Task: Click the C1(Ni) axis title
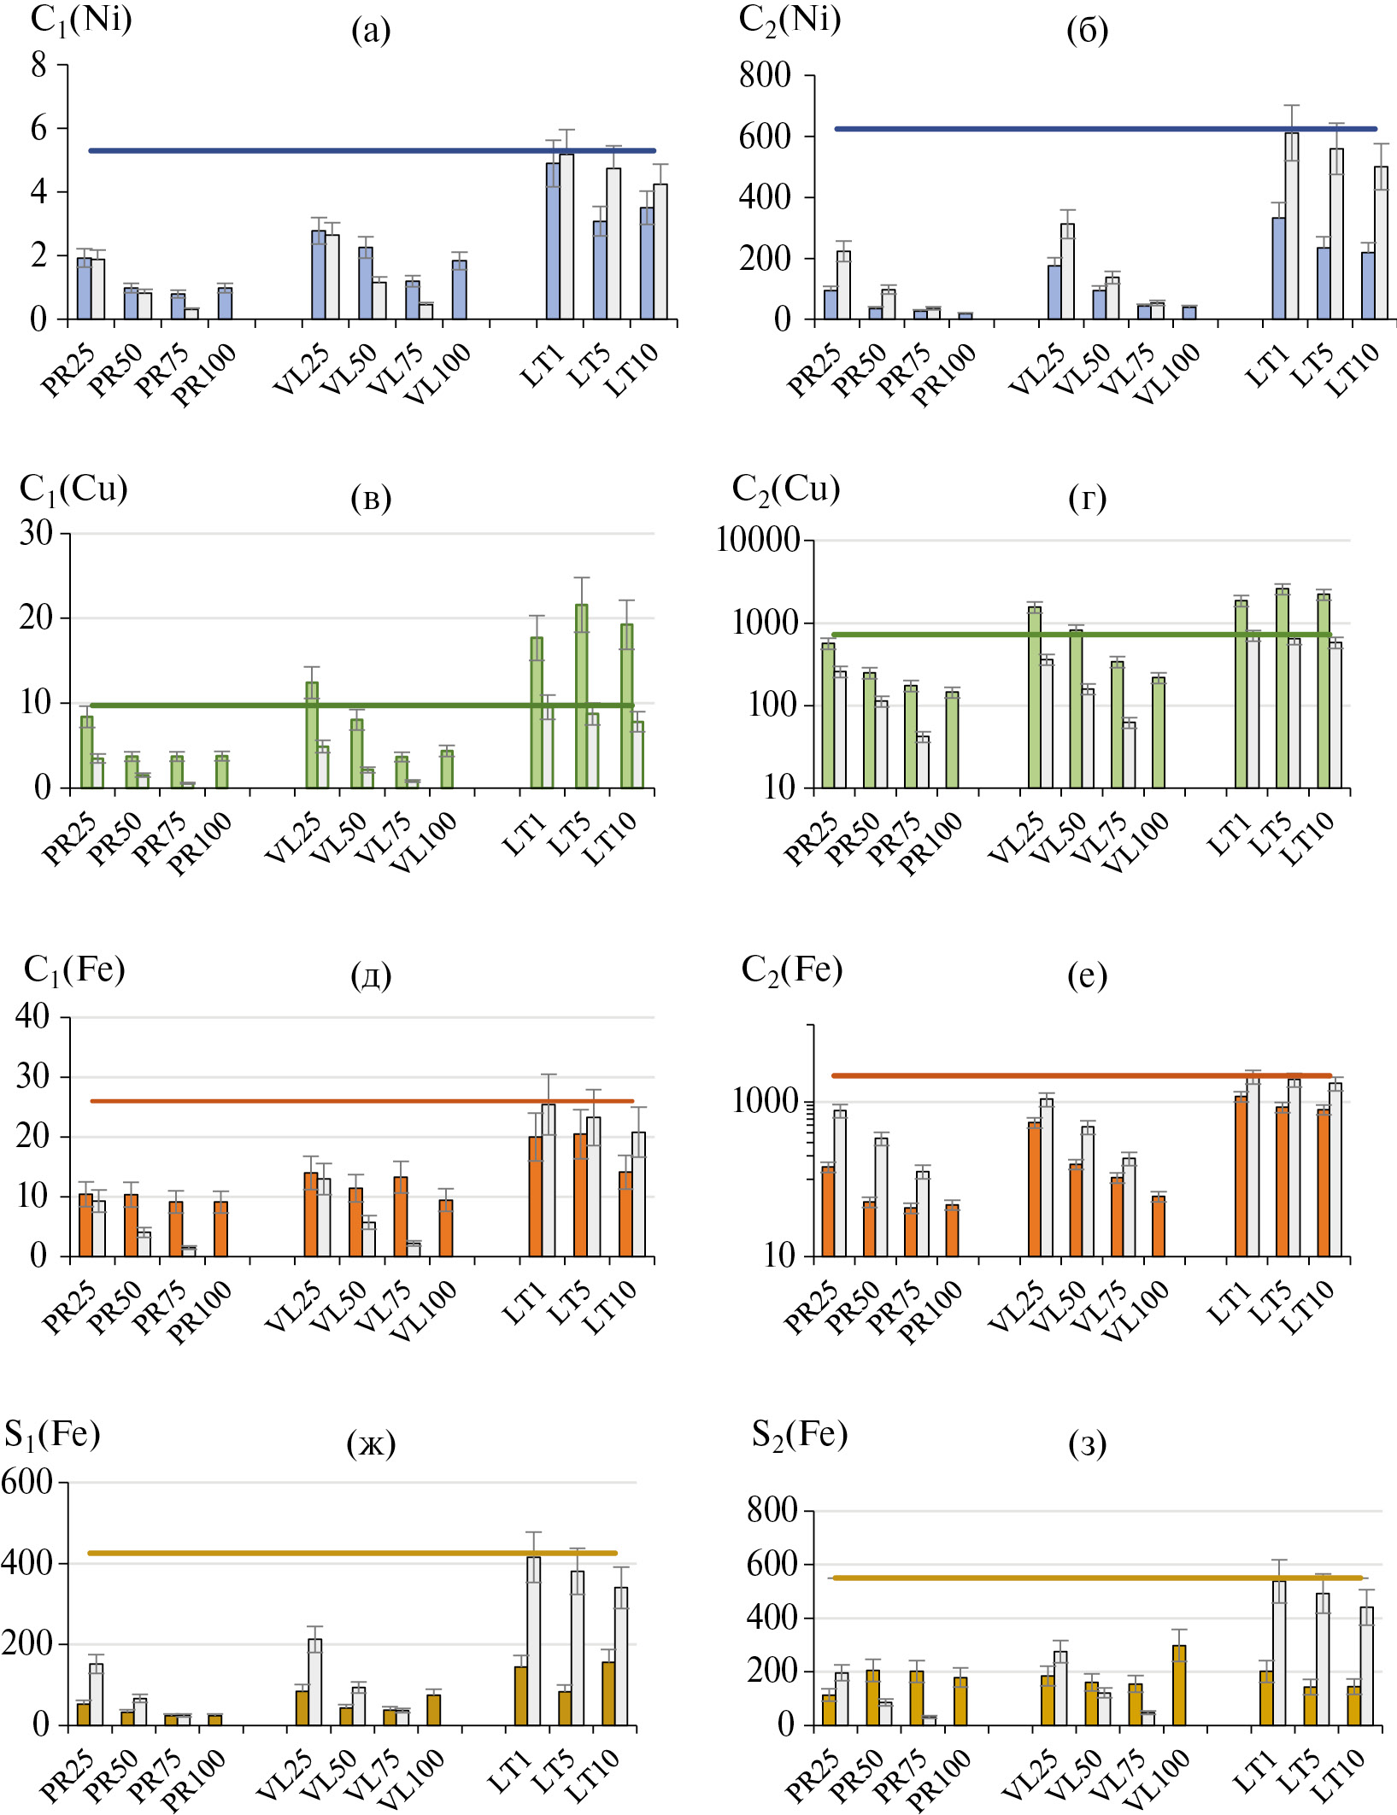80,19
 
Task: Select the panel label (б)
1087,31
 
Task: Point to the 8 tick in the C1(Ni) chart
38,65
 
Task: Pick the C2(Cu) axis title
785,489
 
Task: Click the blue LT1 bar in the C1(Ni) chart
553,241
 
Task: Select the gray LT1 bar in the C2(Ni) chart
1292,225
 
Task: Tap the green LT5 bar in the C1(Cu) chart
581,696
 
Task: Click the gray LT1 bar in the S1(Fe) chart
533,1640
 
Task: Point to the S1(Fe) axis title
52,1433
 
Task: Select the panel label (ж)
371,1443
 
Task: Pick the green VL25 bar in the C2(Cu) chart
1035,697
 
